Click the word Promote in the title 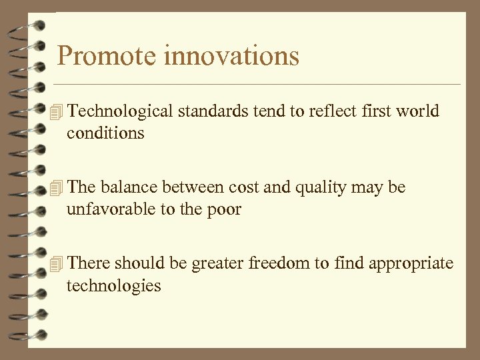(x=107, y=56)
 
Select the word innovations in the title (x=231, y=56)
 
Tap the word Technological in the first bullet (x=120, y=111)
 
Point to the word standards (x=213, y=111)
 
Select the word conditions (x=105, y=133)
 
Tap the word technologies (x=113, y=286)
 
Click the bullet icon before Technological (x=57, y=112)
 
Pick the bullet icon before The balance (x=57, y=189)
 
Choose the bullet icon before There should (x=57, y=264)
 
